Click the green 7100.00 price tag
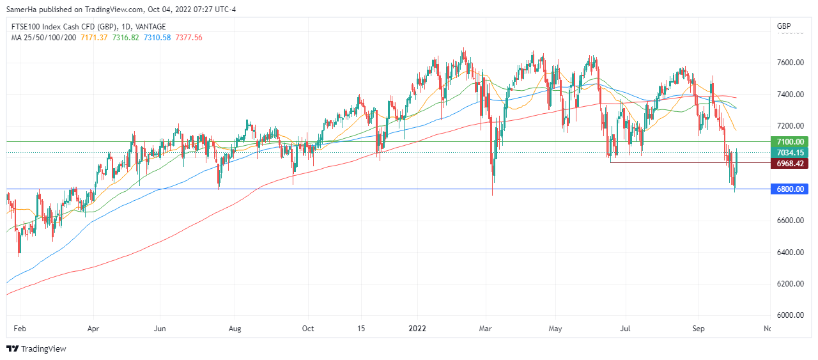coord(791,141)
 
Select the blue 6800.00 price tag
coord(791,189)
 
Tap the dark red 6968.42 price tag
coord(791,163)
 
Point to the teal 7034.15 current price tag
coord(791,152)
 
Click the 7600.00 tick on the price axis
coord(790,63)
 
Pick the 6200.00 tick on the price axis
coord(790,283)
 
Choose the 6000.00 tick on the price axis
coord(790,315)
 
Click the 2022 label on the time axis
coord(417,329)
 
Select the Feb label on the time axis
coord(20,329)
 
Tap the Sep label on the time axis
coord(698,329)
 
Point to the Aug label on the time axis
coord(235,329)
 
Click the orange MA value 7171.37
coord(94,38)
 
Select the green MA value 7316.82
coord(126,38)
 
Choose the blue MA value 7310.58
coord(158,38)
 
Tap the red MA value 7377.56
coord(189,38)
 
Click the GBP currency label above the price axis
coord(783,26)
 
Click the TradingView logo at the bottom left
coord(36,348)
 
